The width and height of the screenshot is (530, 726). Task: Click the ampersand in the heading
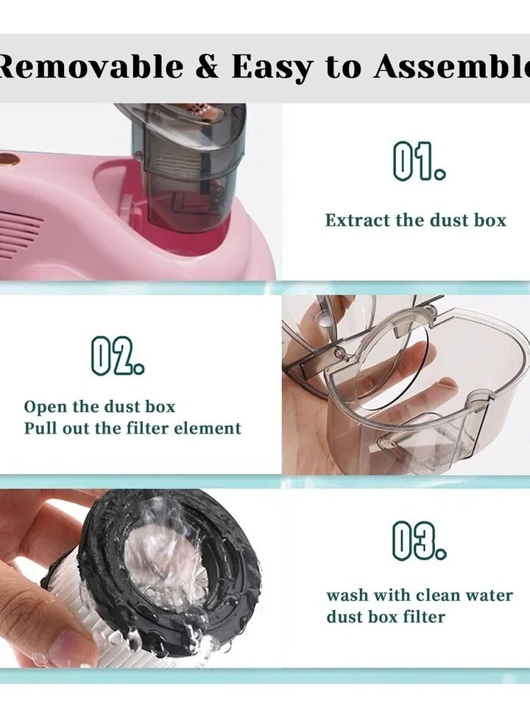click(206, 67)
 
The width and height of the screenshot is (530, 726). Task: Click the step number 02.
click(117, 356)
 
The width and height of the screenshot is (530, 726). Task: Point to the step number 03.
click(420, 541)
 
